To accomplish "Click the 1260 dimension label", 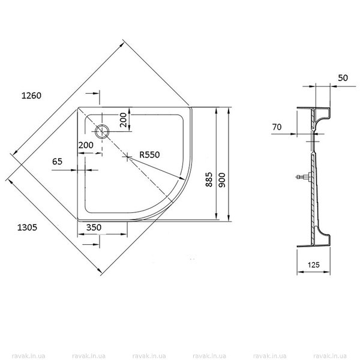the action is coord(31,95).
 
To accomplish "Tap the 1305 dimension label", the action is coord(27,227).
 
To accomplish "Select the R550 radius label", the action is coord(149,155).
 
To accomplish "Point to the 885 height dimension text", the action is coord(209,179).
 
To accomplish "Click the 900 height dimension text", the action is coord(222,180).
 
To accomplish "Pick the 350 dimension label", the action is coord(94,227).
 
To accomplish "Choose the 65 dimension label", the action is coord(57,161).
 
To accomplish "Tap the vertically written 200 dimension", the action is coord(123,119).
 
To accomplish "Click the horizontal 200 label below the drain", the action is coord(86,145).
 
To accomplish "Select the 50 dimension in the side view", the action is coord(343,78).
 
